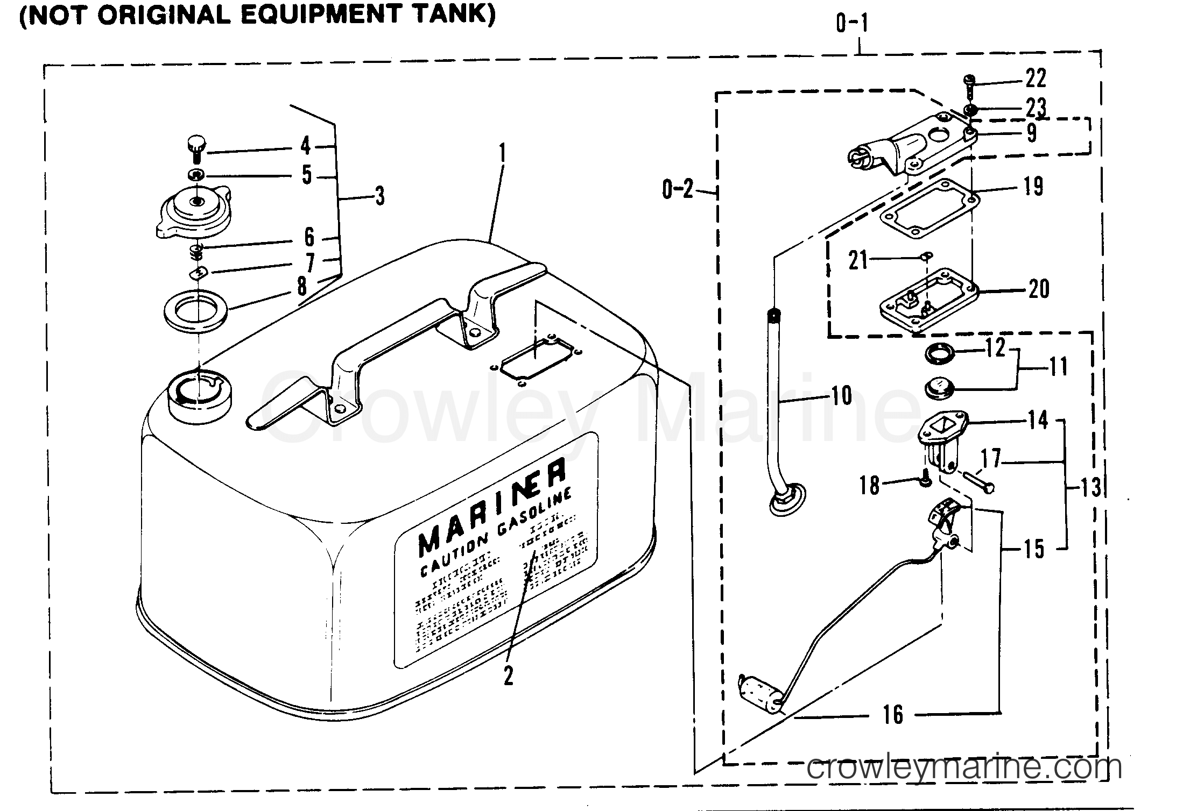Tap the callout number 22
[1035, 79]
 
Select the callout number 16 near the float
[893, 715]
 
